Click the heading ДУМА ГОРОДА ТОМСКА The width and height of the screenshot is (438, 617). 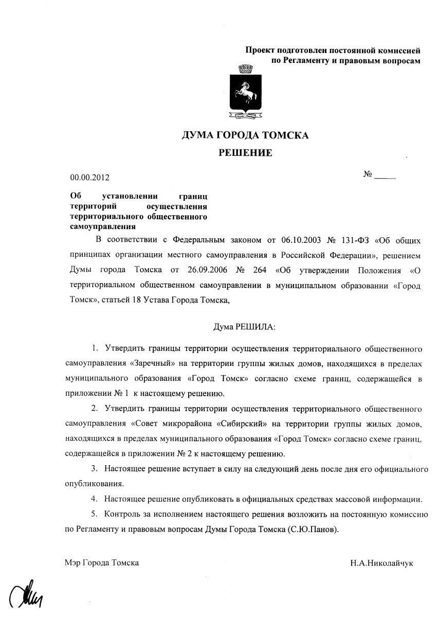[x=245, y=135]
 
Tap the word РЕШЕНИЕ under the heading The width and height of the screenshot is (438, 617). [x=245, y=153]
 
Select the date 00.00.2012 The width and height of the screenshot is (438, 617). [x=90, y=178]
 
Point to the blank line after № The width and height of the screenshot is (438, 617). [x=385, y=177]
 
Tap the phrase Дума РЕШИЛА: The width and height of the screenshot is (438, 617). [x=244, y=327]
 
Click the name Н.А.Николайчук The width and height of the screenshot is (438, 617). [x=381, y=563]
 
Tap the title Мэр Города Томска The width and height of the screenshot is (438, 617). [x=102, y=563]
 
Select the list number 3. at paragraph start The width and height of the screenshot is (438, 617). [x=95, y=469]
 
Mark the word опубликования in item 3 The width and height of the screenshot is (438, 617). [x=94, y=484]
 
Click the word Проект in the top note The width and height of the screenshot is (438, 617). [x=260, y=50]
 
